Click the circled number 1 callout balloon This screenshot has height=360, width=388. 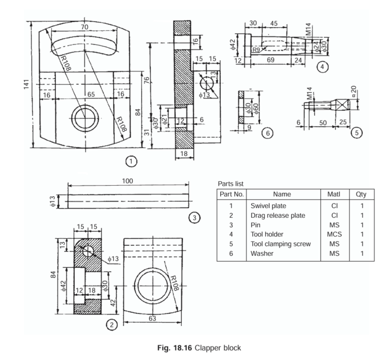coord(131,161)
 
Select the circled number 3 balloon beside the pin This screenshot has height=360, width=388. coord(193,217)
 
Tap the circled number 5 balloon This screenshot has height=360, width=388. coord(355,133)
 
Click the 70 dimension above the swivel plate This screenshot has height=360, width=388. coord(84,27)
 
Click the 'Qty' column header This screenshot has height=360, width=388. coord(361,194)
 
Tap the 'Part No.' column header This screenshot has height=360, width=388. coord(230,194)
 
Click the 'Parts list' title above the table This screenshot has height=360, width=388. coord(231,184)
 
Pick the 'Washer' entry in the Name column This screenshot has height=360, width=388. coord(262,254)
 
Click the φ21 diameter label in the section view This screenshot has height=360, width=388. coord(164,119)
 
